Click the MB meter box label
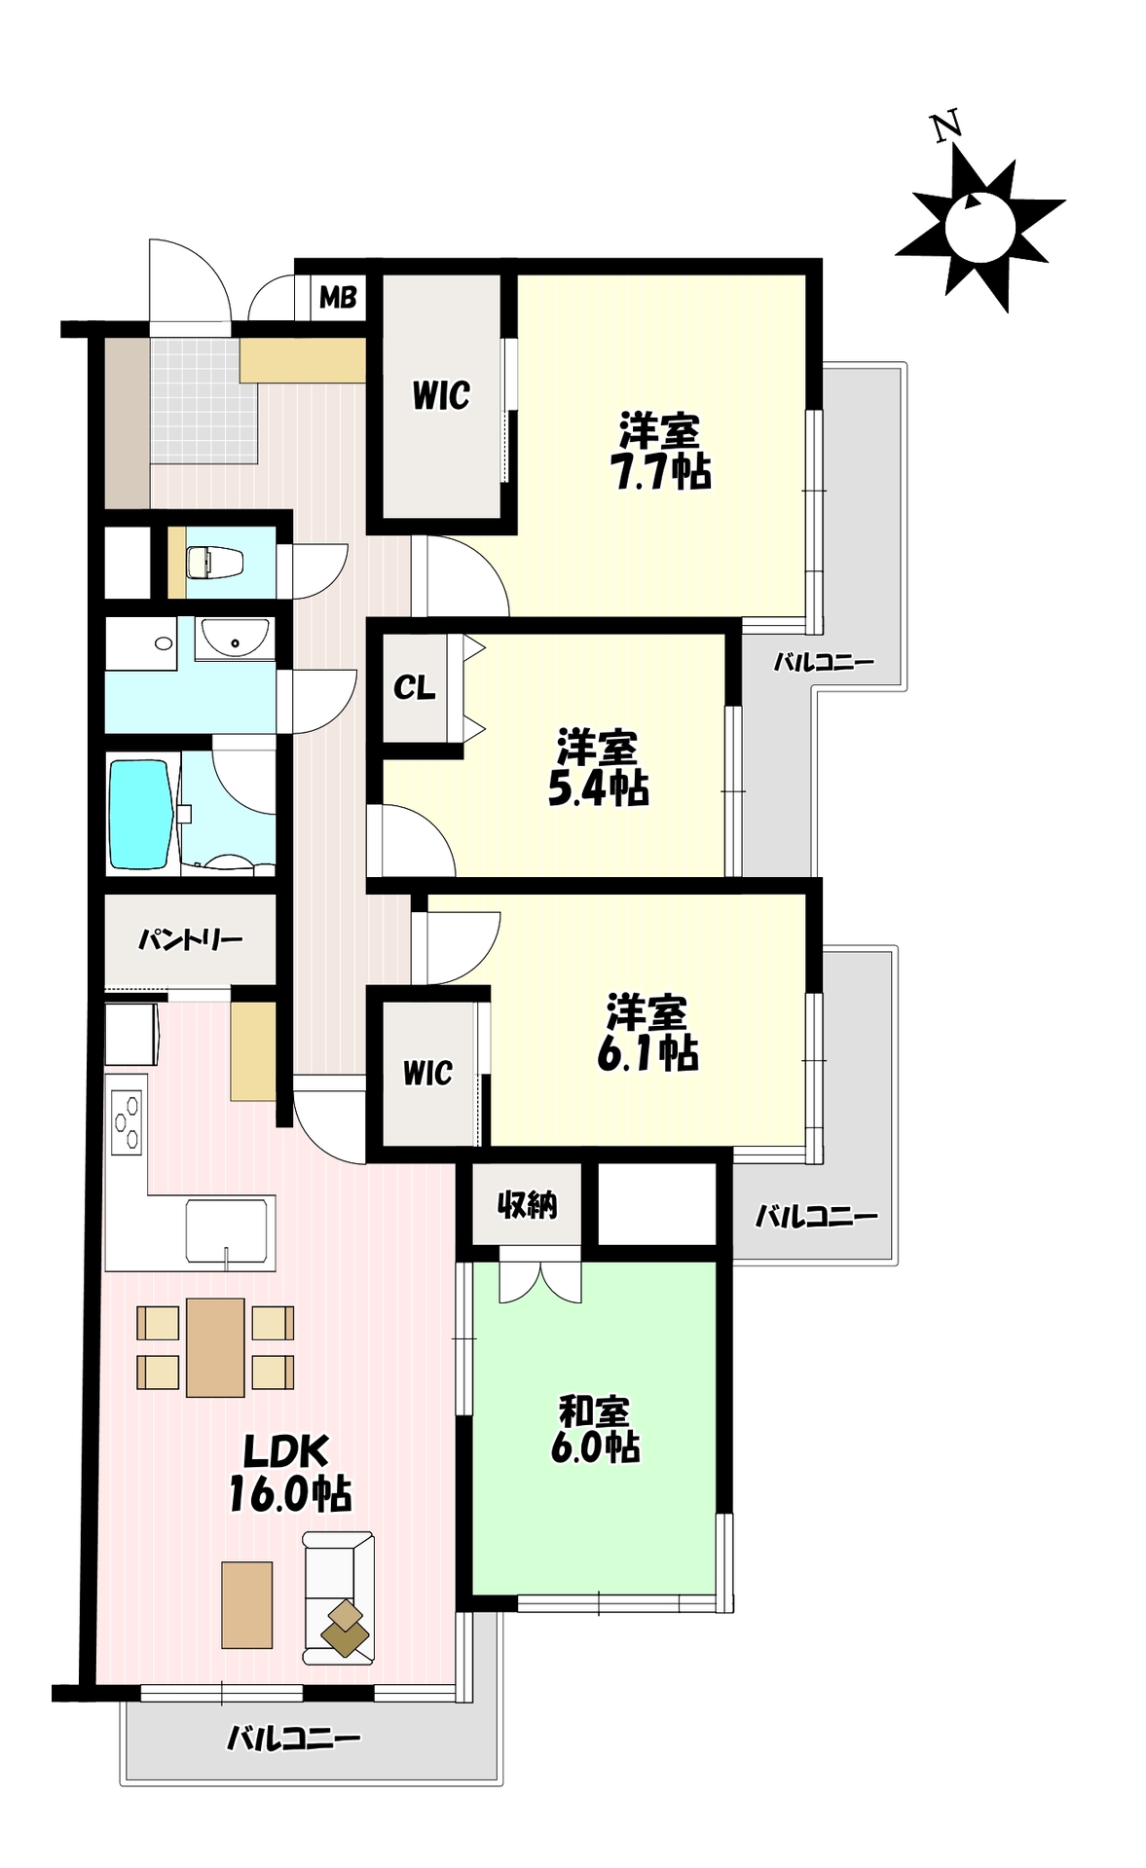(338, 297)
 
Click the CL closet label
(414, 688)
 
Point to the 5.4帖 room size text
(599, 788)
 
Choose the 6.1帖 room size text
(647, 1052)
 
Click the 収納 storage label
(527, 1205)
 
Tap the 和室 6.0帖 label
(595, 1429)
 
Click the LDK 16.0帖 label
(290, 1474)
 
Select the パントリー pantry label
(190, 940)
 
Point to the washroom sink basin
(234, 640)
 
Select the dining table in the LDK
(215, 1347)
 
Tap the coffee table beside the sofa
(246, 1605)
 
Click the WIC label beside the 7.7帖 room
(441, 396)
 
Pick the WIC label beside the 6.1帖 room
(428, 1074)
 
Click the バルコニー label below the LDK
(294, 1738)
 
